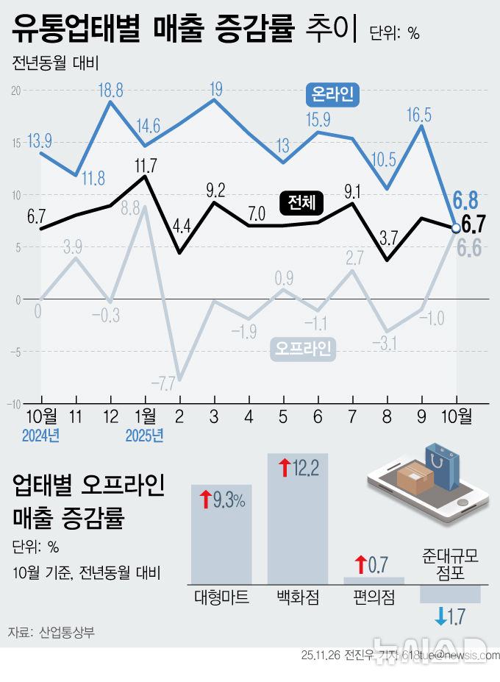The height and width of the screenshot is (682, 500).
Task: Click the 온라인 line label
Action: tap(333, 94)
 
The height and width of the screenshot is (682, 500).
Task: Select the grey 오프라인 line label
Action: tap(303, 348)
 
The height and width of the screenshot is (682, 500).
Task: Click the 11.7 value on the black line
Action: tap(146, 164)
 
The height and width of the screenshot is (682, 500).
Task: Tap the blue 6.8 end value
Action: tap(466, 199)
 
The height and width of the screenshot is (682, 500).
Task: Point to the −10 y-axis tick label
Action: tap(14, 405)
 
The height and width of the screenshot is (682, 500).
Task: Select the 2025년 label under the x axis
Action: tap(145, 435)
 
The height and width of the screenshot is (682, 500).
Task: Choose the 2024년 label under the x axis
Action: tap(40, 435)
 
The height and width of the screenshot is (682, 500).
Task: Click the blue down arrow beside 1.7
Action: tap(440, 617)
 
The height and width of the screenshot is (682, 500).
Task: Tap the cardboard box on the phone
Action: tap(417, 479)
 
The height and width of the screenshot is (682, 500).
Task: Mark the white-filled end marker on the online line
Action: tap(456, 228)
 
